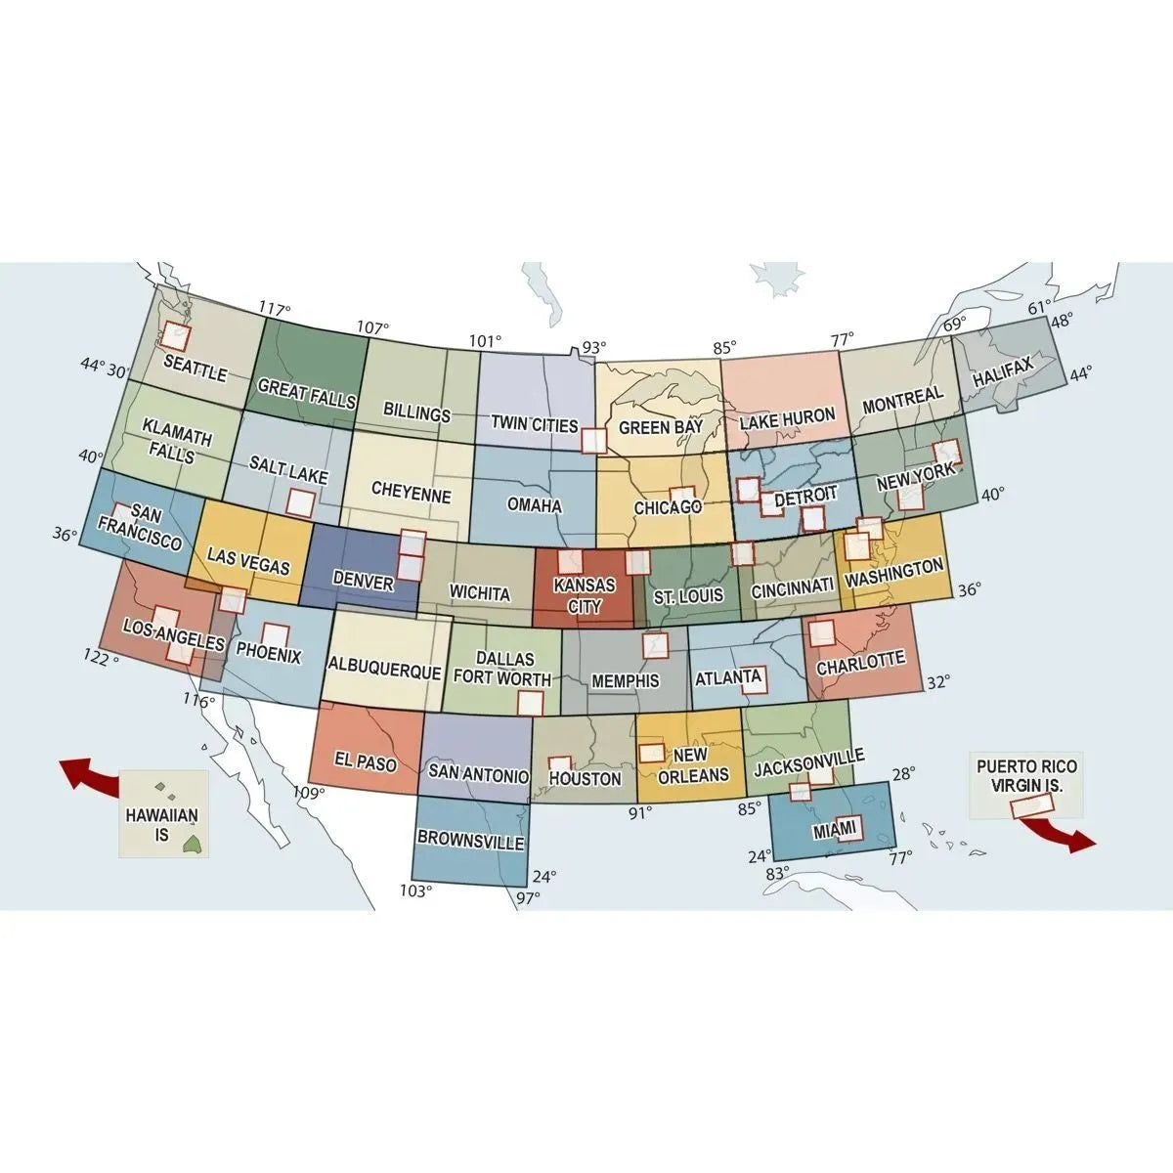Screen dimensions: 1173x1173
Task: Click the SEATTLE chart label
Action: (x=195, y=368)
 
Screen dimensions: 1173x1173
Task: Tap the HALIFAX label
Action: (x=1002, y=371)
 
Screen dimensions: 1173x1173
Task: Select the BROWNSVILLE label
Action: (x=470, y=840)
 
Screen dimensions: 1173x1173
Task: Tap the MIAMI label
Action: (x=835, y=831)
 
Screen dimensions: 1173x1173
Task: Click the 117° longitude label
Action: (x=275, y=310)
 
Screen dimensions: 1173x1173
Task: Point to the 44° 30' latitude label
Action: (x=105, y=368)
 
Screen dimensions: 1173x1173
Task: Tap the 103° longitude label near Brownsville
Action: (x=414, y=891)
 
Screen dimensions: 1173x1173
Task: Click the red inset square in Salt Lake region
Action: (x=300, y=502)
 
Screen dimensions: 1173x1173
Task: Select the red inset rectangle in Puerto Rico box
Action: (x=1032, y=804)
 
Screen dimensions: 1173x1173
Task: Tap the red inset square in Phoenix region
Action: (x=276, y=636)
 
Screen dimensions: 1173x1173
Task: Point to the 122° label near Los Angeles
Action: (x=102, y=657)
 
